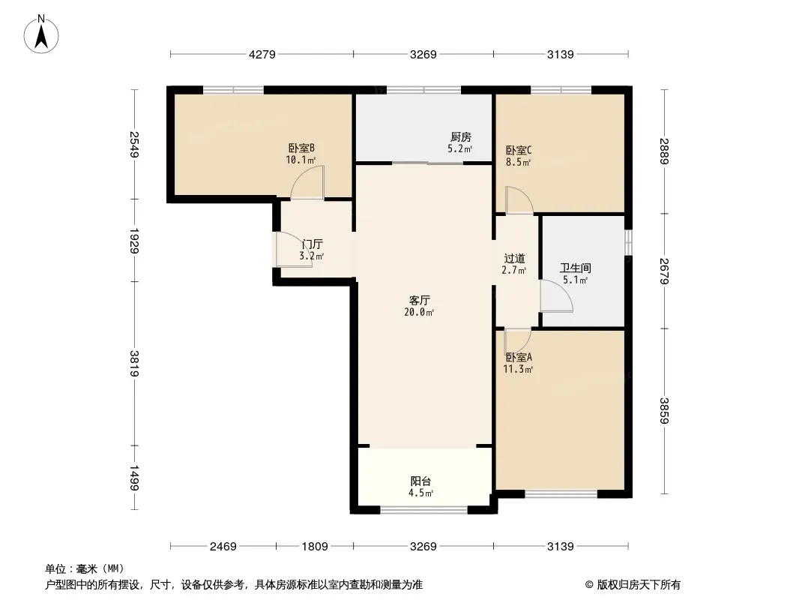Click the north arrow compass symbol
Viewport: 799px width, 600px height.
pos(41,34)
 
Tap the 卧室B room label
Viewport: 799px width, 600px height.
pos(301,148)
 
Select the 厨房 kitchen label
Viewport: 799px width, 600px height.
pos(461,137)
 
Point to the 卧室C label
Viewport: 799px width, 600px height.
pos(519,151)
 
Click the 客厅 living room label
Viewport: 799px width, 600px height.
pos(420,300)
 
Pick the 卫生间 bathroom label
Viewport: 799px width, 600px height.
pos(576,268)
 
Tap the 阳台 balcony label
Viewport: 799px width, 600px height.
pos(421,481)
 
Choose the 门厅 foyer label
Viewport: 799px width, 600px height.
pos(312,244)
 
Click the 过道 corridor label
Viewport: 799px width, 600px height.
pos(514,259)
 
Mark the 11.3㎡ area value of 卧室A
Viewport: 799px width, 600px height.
pos(518,370)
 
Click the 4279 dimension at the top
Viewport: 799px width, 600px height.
pos(262,54)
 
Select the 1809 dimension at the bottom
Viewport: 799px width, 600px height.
pos(314,547)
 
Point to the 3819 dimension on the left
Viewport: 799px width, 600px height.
pos(134,364)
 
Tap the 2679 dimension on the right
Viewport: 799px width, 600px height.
pos(664,271)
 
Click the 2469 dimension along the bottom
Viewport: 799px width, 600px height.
pos(223,547)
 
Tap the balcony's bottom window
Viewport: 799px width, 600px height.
pos(424,509)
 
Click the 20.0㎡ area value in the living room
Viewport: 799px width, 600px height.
pos(420,313)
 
